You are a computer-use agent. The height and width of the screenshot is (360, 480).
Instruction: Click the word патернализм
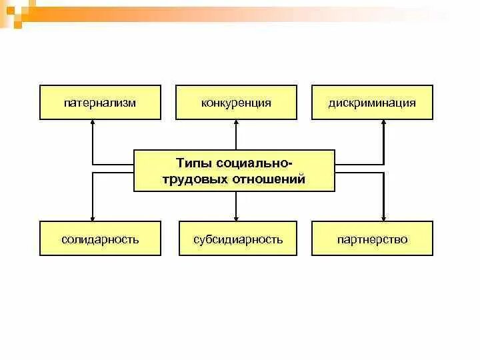pos(99,103)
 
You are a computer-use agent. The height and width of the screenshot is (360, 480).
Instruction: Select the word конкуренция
pos(236,103)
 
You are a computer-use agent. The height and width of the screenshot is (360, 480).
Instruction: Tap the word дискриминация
pos(372,103)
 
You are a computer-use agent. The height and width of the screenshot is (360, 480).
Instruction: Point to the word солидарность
pos(99,239)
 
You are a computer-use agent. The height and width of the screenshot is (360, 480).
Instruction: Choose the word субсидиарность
pos(238,239)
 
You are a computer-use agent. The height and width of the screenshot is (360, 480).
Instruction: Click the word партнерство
pos(372,239)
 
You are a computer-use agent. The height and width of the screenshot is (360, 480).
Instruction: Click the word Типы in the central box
pos(191,163)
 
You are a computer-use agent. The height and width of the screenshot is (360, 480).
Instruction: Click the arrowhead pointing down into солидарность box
pos(93,217)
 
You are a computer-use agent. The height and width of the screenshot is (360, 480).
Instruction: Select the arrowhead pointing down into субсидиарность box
pos(236,217)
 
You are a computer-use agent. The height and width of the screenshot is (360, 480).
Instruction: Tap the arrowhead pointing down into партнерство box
pos(384,217)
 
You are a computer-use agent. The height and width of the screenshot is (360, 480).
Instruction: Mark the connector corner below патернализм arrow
pos(93,163)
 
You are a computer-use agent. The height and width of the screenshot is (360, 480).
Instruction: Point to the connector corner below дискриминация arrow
pos(384,163)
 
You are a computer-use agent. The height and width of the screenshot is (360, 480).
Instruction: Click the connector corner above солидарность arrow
pos(93,173)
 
